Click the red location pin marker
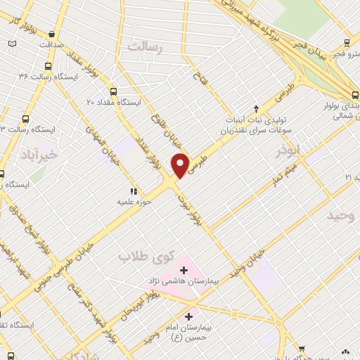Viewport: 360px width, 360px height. [x=181, y=165]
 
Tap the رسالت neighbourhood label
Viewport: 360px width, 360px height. [x=146, y=47]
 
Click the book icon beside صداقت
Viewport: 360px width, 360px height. [x=12, y=44]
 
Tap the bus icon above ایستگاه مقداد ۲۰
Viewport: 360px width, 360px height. [x=113, y=91]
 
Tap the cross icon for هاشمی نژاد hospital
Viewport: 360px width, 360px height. [x=184, y=269]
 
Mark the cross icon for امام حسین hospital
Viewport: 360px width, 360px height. [x=188, y=317]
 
